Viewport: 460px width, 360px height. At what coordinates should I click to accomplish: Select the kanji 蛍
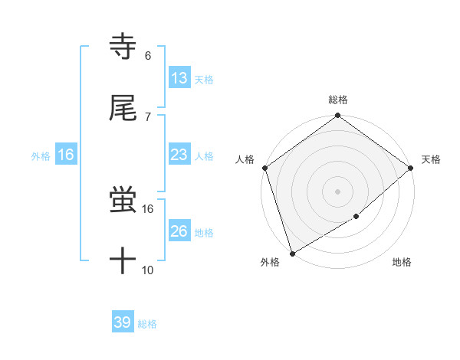click(123, 201)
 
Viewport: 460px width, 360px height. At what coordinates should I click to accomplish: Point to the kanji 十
click(123, 261)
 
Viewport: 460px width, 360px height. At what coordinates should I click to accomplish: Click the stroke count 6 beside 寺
click(148, 56)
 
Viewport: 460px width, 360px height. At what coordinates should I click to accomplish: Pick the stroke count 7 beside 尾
click(148, 116)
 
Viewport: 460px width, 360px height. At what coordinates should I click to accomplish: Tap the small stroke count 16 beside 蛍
click(148, 208)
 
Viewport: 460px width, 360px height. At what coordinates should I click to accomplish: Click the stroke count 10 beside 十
click(148, 270)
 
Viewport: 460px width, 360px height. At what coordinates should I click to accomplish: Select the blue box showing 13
click(179, 78)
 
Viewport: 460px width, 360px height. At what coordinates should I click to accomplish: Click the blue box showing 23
click(179, 155)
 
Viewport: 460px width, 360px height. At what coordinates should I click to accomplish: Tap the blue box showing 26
click(179, 231)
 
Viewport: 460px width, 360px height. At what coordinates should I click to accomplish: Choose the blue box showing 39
click(123, 322)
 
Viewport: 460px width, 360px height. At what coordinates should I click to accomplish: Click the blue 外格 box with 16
click(66, 155)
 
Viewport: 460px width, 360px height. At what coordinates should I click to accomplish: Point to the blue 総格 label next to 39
click(147, 324)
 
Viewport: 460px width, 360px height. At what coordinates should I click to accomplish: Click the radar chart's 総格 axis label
click(338, 100)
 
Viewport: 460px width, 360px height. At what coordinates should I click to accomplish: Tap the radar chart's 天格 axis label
click(431, 159)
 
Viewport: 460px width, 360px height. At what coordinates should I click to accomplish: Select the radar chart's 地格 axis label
click(402, 263)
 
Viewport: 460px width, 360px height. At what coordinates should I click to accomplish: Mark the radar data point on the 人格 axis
click(264, 168)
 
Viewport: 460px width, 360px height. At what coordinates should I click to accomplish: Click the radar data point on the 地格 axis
click(356, 217)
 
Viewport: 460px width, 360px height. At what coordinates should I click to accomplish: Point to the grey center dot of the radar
click(337, 191)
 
